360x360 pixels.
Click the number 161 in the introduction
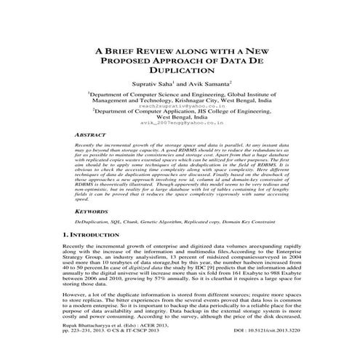(233, 279)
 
